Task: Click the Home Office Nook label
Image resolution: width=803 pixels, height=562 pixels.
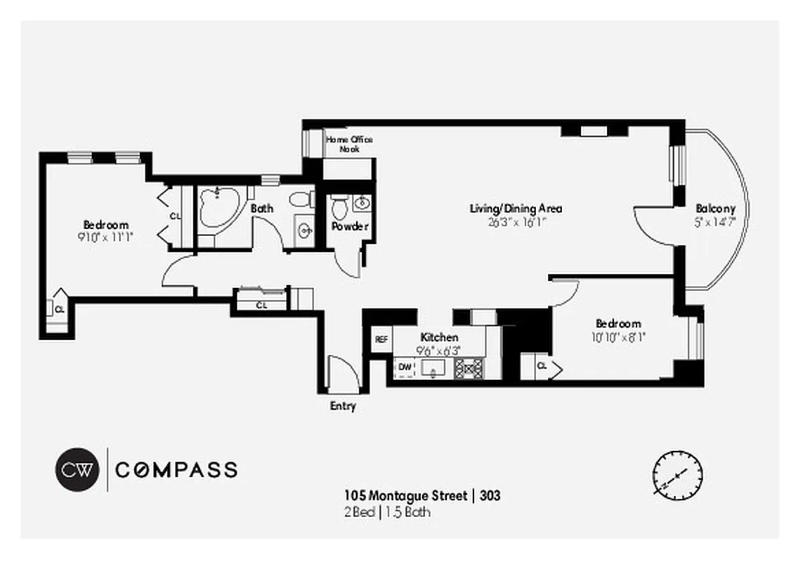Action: coord(348,144)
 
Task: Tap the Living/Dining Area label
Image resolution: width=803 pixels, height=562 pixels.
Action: coord(516,209)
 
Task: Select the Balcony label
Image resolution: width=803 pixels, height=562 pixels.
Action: coord(715,209)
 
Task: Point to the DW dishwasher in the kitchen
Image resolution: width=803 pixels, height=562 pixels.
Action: coord(405,367)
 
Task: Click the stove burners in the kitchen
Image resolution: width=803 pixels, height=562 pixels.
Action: coord(469,367)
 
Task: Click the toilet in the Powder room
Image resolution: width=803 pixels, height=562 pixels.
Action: coord(339,207)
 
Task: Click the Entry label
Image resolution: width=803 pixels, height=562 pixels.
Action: coord(343,406)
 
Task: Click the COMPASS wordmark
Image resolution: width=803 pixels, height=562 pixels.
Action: coord(176,470)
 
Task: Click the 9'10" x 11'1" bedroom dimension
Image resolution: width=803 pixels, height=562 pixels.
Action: coord(105,237)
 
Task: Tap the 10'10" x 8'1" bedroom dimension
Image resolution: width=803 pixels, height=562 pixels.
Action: coord(618,336)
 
